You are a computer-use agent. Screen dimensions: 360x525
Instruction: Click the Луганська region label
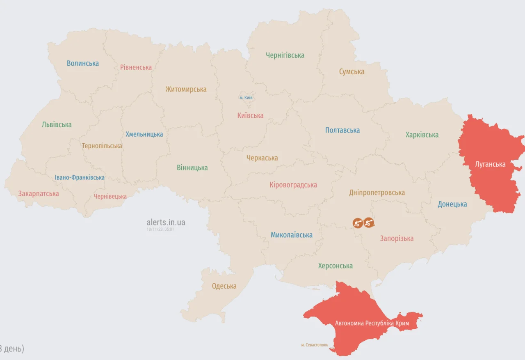point(490,164)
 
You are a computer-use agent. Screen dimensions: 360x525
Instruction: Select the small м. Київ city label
point(246,98)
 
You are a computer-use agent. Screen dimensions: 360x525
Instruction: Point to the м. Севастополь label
point(315,345)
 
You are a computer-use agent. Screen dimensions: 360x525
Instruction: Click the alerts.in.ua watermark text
point(166,222)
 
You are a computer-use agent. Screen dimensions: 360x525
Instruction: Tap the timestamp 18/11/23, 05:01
point(160,229)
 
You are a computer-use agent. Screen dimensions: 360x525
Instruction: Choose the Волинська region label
point(83,63)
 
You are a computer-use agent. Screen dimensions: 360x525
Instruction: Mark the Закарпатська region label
point(39,194)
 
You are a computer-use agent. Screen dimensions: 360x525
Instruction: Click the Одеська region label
point(224,286)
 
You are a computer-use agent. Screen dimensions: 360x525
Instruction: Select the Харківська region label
point(422,135)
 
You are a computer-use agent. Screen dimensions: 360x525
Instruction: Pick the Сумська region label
point(352,72)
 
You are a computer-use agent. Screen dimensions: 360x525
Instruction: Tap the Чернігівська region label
point(285,55)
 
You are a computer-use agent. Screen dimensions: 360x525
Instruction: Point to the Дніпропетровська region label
point(377,193)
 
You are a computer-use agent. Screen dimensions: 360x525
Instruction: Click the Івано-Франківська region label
point(80,178)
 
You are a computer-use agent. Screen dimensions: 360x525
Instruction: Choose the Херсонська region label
point(336,266)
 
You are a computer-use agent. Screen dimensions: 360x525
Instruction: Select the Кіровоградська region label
point(293,185)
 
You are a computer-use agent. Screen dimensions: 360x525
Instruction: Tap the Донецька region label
point(452,204)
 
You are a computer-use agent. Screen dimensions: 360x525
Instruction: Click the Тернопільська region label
point(102,146)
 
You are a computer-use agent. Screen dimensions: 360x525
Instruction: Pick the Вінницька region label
point(192,168)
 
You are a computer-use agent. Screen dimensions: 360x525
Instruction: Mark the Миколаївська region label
point(292,235)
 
